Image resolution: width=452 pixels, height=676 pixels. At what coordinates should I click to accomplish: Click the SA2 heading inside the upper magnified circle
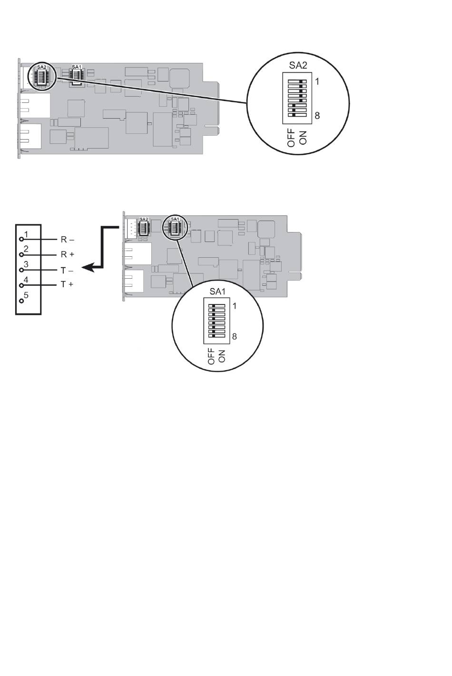click(298, 65)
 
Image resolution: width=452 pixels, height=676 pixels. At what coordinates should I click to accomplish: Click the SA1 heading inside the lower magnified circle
click(217, 292)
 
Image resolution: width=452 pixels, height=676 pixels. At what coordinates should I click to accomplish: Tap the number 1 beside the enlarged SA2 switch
click(317, 81)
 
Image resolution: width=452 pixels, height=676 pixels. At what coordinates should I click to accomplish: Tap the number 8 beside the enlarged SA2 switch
click(317, 115)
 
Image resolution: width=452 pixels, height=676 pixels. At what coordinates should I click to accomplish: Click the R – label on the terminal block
click(67, 240)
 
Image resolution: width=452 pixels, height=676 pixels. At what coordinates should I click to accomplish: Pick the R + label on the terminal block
click(67, 255)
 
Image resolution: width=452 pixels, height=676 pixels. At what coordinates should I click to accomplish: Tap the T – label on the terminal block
click(67, 270)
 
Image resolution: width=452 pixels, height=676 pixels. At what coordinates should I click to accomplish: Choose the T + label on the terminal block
click(67, 284)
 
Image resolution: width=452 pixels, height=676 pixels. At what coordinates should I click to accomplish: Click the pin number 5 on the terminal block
click(26, 295)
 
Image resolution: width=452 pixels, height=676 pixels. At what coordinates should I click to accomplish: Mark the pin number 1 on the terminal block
click(27, 234)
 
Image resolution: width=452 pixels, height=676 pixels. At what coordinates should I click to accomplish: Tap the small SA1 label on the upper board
click(76, 67)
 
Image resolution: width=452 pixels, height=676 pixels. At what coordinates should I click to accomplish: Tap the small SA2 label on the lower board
click(144, 219)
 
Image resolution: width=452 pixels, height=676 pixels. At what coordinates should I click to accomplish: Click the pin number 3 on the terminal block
click(26, 264)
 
